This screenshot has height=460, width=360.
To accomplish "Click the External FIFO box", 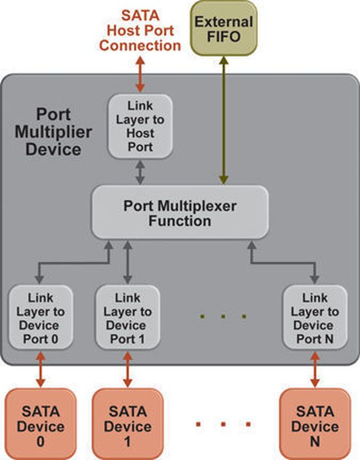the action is tap(223, 29).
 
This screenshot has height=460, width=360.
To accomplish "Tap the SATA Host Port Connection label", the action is tap(140, 31).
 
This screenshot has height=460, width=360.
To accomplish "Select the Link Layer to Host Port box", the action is tap(140, 127).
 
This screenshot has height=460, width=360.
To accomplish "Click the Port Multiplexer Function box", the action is tap(180, 212).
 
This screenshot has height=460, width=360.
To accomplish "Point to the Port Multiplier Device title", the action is tap(53, 132).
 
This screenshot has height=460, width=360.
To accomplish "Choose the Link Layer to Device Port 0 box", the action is tap(41, 317).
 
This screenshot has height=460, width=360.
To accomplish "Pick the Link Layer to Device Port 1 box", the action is tap(127, 317).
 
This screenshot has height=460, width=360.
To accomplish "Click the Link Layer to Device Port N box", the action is tap(315, 317).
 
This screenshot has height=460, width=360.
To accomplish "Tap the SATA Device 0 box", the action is tap(41, 423).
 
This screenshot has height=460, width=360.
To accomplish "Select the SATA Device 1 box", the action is tap(127, 423).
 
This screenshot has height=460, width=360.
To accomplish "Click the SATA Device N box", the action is tap(315, 423).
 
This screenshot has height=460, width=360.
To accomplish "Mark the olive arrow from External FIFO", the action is tap(224, 121).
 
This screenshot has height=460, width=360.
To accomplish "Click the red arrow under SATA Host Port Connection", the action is tap(140, 74).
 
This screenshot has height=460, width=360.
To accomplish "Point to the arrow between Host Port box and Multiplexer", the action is tap(140, 172).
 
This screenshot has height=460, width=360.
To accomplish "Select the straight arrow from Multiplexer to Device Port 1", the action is tap(127, 262).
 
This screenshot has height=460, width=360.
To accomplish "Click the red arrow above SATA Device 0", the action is tap(41, 369).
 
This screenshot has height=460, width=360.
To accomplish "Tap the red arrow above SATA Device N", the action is tap(315, 369).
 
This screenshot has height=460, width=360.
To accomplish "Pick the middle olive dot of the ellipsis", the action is tap(223, 316).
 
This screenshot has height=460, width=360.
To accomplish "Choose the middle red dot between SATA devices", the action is tap(223, 424).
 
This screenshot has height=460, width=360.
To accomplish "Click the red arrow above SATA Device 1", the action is tap(127, 369).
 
